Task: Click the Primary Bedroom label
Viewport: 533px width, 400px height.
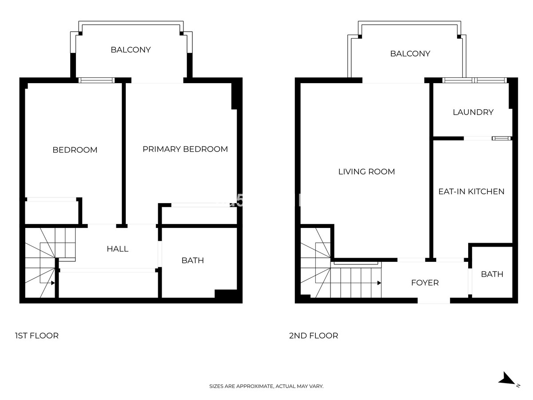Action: tap(185, 149)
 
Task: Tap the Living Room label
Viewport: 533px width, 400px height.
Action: tap(366, 172)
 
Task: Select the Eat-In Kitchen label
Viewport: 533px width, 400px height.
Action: tap(471, 192)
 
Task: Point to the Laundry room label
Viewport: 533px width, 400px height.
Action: tap(473, 112)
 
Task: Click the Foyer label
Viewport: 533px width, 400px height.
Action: tap(425, 283)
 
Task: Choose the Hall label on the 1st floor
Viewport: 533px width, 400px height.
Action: tap(118, 249)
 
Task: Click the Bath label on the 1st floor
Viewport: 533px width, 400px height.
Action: tap(192, 260)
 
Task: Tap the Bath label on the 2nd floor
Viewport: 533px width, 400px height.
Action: tap(492, 274)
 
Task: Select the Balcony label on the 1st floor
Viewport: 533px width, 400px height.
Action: tap(131, 50)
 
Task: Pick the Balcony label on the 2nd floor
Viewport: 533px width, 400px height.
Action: tap(410, 54)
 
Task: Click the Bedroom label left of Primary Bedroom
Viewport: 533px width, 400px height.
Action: tap(75, 150)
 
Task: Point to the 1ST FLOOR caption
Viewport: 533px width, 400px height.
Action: tap(36, 336)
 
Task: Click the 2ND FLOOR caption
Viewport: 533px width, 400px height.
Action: tap(313, 336)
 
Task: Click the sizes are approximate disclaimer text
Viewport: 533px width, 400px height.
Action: tap(266, 386)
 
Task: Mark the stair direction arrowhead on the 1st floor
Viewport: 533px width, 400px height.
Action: tap(53, 283)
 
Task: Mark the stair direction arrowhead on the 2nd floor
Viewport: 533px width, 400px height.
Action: tap(379, 283)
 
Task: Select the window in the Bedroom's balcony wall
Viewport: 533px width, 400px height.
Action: tap(96, 80)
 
